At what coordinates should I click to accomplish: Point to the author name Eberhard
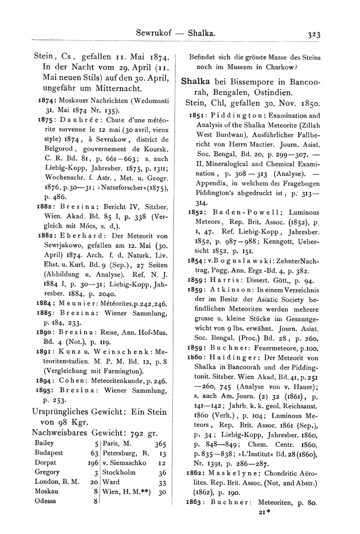pyautogui.click(x=73, y=218)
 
